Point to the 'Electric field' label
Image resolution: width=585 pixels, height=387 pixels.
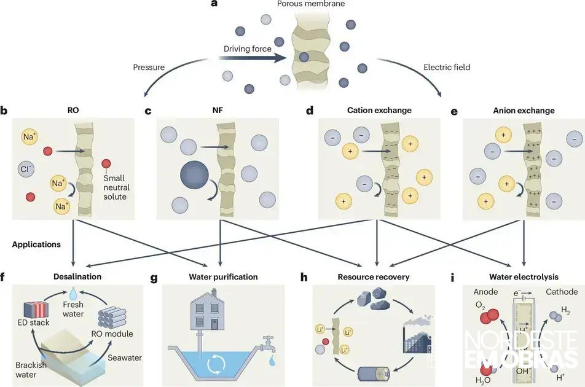click(446, 67)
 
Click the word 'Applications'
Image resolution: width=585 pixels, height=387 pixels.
click(36, 244)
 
